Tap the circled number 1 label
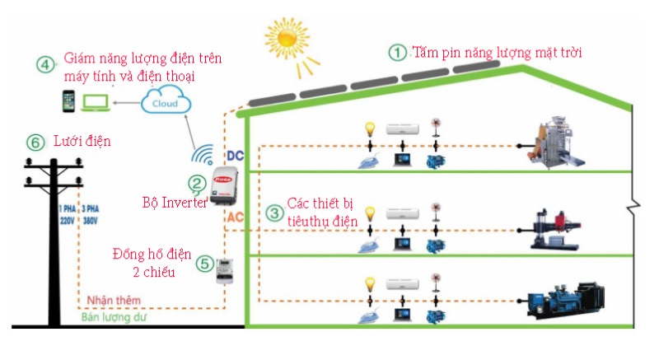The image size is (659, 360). pos(398,53)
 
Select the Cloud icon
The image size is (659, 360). pos(166,103)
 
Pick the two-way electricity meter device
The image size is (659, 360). pos(224,270)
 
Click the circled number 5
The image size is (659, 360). pos(204,264)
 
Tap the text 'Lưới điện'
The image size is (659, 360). pos(82,142)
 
